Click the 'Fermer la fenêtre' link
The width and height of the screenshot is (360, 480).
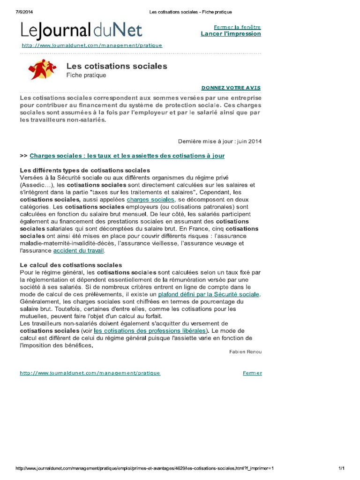click(237, 27)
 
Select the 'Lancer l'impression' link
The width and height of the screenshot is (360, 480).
click(231, 34)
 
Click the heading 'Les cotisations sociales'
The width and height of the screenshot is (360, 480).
click(117, 66)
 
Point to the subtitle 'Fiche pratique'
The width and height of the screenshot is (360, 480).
click(86, 75)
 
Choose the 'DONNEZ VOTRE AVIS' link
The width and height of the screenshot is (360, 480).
click(231, 88)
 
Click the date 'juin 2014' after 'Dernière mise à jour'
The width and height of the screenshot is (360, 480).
click(250, 141)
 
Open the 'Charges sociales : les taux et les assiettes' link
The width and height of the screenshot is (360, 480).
click(127, 156)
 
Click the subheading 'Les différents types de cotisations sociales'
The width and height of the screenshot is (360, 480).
click(85, 170)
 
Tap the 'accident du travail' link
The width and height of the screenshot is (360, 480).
click(78, 251)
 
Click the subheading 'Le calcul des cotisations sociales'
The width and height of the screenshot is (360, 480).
click(71, 265)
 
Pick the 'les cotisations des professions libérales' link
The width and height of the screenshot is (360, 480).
click(149, 330)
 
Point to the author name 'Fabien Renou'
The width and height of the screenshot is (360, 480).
click(246, 352)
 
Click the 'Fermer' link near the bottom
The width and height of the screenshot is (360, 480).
click(252, 373)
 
